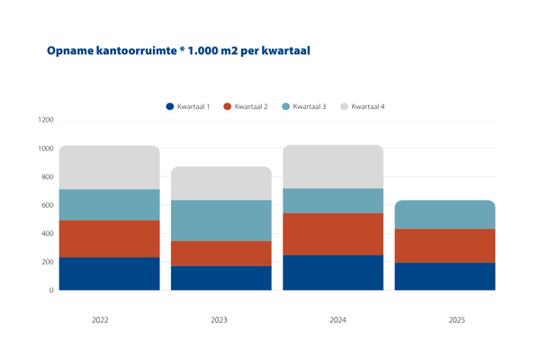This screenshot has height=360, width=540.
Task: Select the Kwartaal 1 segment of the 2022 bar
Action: click(x=109, y=274)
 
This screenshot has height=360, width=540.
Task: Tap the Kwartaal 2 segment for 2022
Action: click(x=109, y=238)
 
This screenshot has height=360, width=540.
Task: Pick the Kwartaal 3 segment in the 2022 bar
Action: click(x=109, y=204)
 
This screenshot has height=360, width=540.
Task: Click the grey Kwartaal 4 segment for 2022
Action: click(x=109, y=167)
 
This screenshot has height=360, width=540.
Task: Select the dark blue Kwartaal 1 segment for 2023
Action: click(x=221, y=278)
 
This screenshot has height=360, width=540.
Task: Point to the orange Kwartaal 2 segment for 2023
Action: click(x=221, y=253)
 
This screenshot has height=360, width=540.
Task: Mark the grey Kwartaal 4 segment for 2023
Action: click(x=221, y=184)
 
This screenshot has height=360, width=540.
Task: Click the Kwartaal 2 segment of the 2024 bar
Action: click(x=333, y=234)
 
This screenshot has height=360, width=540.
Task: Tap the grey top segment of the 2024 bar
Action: click(x=333, y=166)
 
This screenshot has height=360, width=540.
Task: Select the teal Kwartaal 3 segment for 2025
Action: click(x=445, y=214)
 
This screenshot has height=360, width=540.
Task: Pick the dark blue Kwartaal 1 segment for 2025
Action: click(x=445, y=276)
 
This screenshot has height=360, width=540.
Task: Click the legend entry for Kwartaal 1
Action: click(x=188, y=107)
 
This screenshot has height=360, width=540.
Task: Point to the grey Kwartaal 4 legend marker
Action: click(x=345, y=107)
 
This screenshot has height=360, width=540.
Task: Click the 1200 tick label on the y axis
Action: click(x=45, y=120)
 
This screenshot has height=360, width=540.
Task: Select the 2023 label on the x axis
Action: click(x=221, y=320)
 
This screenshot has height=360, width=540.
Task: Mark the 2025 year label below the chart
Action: click(x=445, y=320)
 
